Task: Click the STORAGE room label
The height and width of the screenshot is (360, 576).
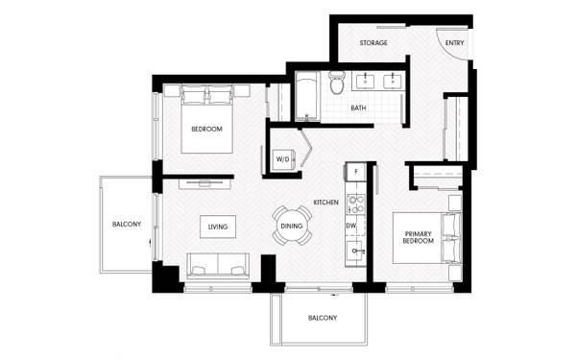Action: click(x=373, y=43)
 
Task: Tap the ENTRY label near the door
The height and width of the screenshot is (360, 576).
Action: click(x=454, y=43)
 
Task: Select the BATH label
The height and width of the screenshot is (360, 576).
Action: click(x=358, y=108)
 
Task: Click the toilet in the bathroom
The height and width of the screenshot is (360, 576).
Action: click(x=337, y=82)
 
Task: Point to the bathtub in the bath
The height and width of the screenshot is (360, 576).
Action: click(x=307, y=96)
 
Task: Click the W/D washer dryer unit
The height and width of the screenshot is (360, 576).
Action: click(x=283, y=159)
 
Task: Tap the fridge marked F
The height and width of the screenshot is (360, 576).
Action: click(x=355, y=171)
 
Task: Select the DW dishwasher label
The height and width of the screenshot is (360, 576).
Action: click(x=351, y=226)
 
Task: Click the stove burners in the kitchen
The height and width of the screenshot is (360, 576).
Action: click(x=355, y=204)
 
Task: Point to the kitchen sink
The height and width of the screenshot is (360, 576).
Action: click(x=355, y=251)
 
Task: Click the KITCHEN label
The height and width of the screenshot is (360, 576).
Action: click(x=325, y=203)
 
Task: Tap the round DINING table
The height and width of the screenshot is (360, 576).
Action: click(x=292, y=226)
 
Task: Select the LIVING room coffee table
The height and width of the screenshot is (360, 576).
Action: click(x=218, y=227)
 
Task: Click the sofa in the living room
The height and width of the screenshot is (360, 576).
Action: click(x=218, y=266)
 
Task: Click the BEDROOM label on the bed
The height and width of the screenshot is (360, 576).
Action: click(x=206, y=129)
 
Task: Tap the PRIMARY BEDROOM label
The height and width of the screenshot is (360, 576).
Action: click(x=419, y=237)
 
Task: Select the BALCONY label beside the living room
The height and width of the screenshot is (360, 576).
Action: click(x=127, y=224)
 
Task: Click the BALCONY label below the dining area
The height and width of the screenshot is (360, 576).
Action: click(x=323, y=318)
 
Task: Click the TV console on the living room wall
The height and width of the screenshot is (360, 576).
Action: click(x=205, y=184)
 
